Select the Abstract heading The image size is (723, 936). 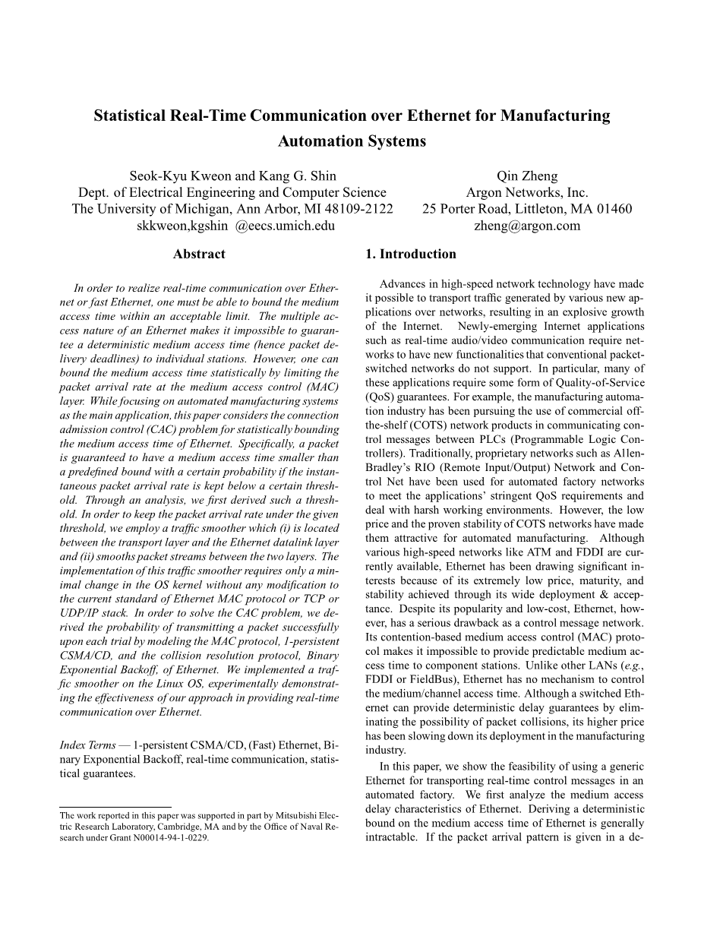click(x=199, y=255)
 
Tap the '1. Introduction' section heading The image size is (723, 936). click(x=411, y=255)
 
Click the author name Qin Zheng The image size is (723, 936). click(x=527, y=176)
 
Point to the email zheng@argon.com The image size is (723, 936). click(x=527, y=226)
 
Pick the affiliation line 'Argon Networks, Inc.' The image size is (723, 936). click(x=527, y=193)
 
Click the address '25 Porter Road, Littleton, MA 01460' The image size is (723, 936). click(x=527, y=209)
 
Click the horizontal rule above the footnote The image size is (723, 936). click(x=115, y=807)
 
